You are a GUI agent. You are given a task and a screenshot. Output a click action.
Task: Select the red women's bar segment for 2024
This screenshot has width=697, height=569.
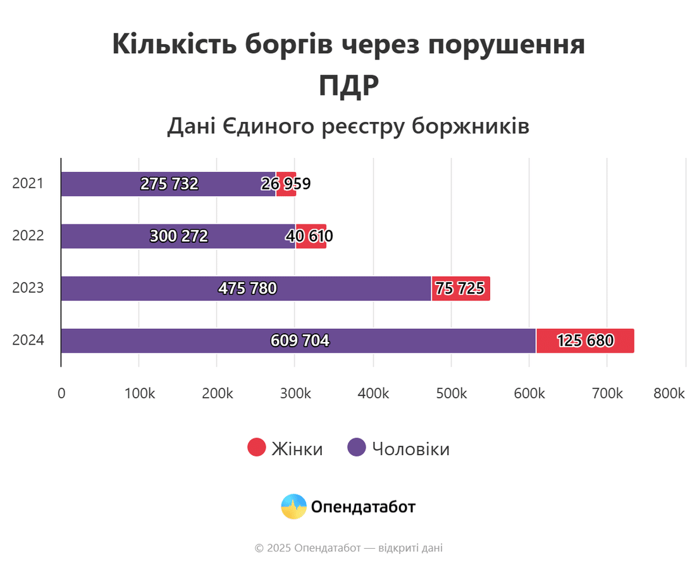tap(585, 341)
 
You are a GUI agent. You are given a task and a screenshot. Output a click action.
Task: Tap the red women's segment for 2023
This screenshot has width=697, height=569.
tap(460, 288)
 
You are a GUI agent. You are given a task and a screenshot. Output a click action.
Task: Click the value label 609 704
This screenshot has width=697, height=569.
tap(300, 341)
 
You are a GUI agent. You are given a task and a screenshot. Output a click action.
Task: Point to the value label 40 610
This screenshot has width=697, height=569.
tap(309, 236)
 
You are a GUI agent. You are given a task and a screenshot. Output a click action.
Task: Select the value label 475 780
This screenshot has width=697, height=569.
tap(247, 288)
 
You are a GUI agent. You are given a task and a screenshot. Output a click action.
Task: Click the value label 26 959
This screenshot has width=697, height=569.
tap(286, 184)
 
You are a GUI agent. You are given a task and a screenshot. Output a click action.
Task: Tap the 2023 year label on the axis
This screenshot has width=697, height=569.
tap(28, 288)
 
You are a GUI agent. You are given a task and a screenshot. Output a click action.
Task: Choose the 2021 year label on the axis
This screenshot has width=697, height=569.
tap(28, 184)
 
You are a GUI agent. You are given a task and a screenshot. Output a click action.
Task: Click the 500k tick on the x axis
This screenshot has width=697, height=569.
tap(451, 393)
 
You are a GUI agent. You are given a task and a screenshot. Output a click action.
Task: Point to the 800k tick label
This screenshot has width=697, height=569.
tap(669, 393)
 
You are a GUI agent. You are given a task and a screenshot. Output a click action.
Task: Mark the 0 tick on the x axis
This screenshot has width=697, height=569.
tap(61, 393)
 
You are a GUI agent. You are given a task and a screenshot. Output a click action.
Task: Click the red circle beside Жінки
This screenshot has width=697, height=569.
tap(256, 448)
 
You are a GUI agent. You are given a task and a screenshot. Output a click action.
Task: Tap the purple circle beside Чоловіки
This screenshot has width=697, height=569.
tap(357, 448)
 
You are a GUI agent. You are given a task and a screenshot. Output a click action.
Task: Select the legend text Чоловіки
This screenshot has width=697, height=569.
tap(410, 449)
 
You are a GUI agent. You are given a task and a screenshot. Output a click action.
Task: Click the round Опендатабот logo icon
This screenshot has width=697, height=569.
tap(293, 506)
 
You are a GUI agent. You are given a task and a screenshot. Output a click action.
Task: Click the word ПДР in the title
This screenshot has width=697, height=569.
tap(348, 86)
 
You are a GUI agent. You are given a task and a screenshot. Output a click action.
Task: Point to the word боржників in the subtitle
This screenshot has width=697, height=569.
tap(470, 126)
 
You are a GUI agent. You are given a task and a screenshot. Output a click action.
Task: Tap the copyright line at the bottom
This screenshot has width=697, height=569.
tap(348, 548)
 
